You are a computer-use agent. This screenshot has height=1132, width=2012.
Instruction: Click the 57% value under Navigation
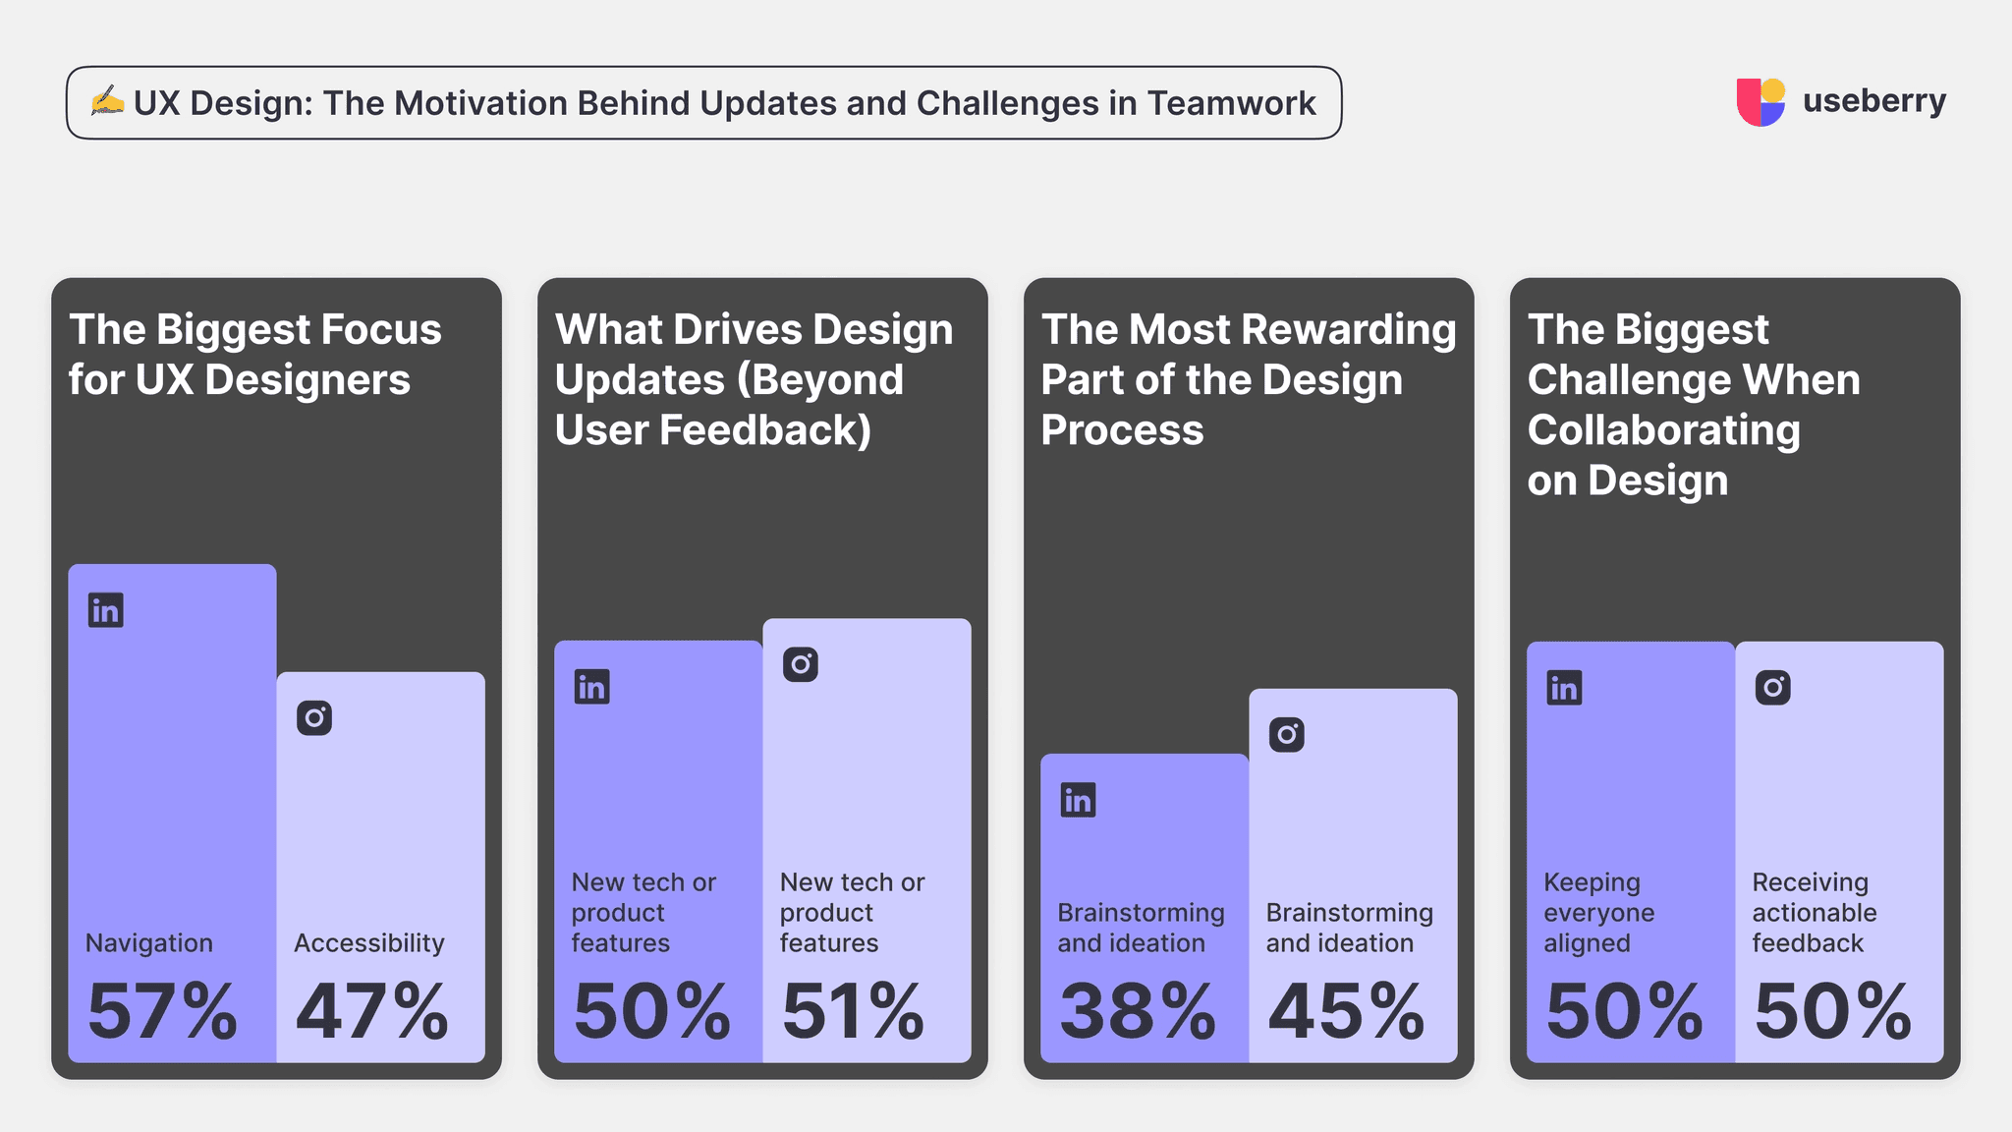pyautogui.click(x=162, y=1011)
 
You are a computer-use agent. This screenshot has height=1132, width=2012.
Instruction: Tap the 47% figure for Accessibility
pyautogui.click(x=371, y=1011)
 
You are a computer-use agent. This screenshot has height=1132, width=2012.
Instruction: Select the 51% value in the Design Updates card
pyautogui.click(x=853, y=1011)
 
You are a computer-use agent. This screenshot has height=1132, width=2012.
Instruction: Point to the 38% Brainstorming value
pyautogui.click(x=1137, y=1011)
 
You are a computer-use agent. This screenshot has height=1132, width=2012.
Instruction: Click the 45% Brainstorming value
pyautogui.click(x=1346, y=1011)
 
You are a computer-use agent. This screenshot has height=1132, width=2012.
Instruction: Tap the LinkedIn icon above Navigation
pyautogui.click(x=106, y=610)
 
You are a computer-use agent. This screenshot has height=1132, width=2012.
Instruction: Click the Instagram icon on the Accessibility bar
pyautogui.click(x=314, y=718)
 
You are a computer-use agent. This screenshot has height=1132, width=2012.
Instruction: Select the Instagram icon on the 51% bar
pyautogui.click(x=801, y=664)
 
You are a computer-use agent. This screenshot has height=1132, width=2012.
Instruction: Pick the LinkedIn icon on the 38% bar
pyautogui.click(x=1079, y=800)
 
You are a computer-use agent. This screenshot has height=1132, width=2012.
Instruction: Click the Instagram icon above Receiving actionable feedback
pyautogui.click(x=1773, y=687)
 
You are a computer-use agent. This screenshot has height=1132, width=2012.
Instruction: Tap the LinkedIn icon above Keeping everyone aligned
pyautogui.click(x=1564, y=688)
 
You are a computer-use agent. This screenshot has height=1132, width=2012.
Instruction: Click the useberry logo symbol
pyautogui.click(x=1760, y=102)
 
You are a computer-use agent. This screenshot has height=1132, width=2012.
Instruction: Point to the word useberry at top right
pyautogui.click(x=1873, y=101)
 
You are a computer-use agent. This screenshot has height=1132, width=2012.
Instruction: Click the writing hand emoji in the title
pyautogui.click(x=107, y=101)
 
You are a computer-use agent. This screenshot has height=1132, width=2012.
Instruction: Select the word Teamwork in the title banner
pyautogui.click(x=1231, y=103)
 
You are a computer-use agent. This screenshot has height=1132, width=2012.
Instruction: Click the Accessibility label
pyautogui.click(x=369, y=943)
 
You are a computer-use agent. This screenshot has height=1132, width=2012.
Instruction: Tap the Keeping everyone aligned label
pyautogui.click(x=1598, y=913)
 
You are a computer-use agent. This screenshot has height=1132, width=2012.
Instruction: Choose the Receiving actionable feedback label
pyautogui.click(x=1814, y=913)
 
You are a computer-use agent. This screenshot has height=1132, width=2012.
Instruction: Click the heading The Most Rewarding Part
pyautogui.click(x=1248, y=379)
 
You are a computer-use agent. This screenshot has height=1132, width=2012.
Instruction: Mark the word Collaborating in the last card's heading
pyautogui.click(x=1663, y=430)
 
